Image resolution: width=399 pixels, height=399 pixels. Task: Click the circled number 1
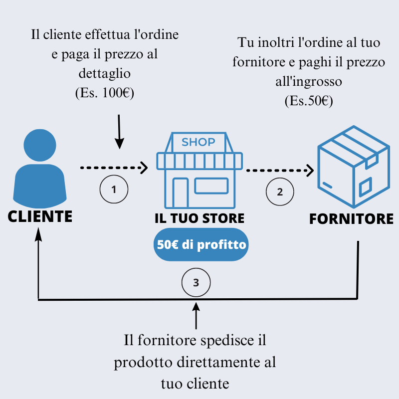click(114, 190)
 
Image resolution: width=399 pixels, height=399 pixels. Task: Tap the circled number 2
click(280, 192)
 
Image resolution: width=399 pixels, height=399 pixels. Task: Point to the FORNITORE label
click(351, 219)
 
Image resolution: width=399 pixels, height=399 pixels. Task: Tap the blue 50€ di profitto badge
click(201, 245)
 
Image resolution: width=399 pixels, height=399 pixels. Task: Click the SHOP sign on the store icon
click(199, 142)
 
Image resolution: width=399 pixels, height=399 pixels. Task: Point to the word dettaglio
click(105, 73)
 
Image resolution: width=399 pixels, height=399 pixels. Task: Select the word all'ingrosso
click(309, 81)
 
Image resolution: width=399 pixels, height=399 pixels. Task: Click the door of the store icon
click(180, 193)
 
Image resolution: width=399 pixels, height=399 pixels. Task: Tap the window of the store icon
click(211, 186)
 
